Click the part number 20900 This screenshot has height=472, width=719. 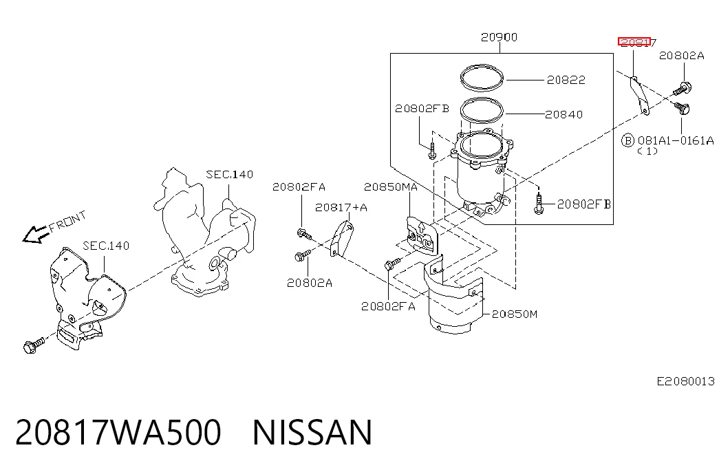point(499,37)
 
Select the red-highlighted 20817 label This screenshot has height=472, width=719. point(637,43)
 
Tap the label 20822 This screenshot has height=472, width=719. point(566,80)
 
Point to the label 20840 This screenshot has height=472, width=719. point(564,114)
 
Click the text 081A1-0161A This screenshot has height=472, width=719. point(676,140)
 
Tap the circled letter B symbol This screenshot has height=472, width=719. point(627,140)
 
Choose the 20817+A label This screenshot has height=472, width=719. point(341,207)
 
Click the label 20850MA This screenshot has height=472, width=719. point(391,186)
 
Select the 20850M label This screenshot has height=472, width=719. point(515,314)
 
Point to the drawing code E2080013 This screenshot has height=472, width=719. point(685,381)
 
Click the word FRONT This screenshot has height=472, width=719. point(67,221)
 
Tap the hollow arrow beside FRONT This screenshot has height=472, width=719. point(36,235)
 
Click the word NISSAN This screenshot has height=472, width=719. point(312,432)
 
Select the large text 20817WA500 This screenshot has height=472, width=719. point(118,432)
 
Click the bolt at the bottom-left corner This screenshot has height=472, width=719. point(34,345)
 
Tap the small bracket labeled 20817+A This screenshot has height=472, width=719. point(342,238)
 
